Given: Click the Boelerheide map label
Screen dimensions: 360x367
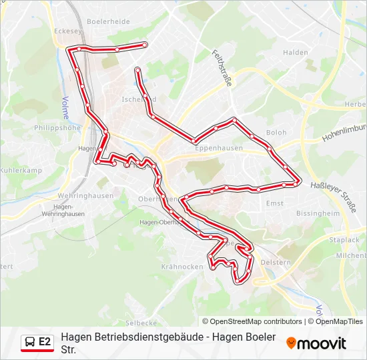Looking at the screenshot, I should (108, 21).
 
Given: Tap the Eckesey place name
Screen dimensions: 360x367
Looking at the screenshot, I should (67, 30).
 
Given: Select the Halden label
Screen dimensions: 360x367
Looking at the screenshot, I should (295, 52).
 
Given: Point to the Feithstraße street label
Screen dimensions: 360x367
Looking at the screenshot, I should (222, 67).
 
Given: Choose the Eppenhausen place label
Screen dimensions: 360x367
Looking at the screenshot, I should (219, 149).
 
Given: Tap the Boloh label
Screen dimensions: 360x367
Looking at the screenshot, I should (276, 133).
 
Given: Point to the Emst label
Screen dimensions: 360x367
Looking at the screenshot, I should (274, 203).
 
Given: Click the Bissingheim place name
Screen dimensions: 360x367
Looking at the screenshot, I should (318, 214).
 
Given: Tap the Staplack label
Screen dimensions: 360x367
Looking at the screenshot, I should (344, 239).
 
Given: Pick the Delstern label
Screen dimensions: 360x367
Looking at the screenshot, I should (276, 263).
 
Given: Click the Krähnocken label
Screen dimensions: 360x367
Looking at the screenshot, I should (182, 267).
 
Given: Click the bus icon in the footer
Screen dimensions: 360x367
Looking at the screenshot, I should (29, 342).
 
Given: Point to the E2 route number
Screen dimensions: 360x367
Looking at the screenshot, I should (45, 342).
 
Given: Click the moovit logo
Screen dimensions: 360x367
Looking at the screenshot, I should (316, 343).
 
